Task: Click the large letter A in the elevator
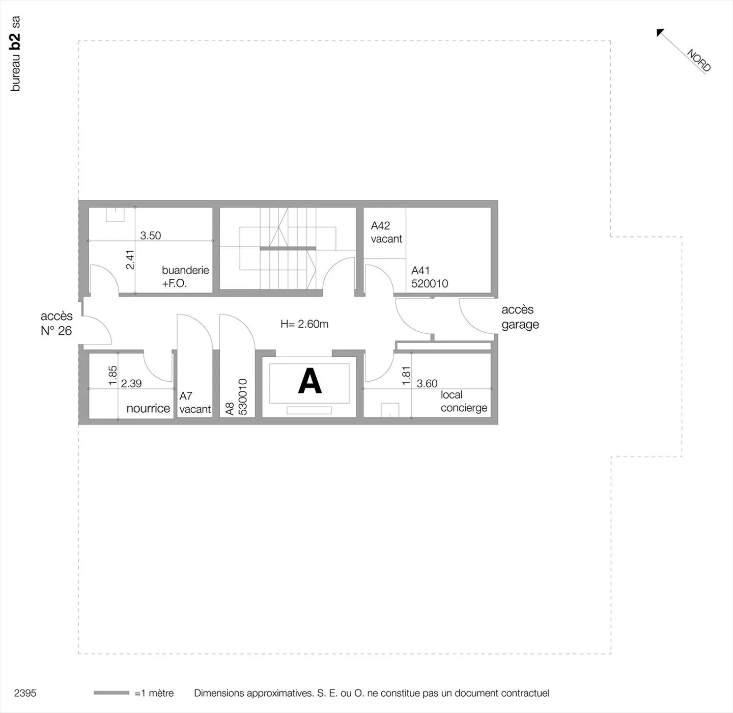pyautogui.click(x=309, y=381)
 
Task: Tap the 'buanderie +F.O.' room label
pyautogui.click(x=185, y=277)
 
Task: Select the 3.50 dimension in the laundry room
pyautogui.click(x=150, y=235)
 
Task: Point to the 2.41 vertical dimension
pyautogui.click(x=130, y=259)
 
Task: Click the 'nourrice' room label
pyautogui.click(x=148, y=408)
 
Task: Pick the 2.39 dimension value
pyautogui.click(x=131, y=383)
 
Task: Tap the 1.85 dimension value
pyautogui.click(x=113, y=375)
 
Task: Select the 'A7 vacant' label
pyautogui.click(x=194, y=403)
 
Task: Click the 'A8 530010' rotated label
pyautogui.click(x=236, y=397)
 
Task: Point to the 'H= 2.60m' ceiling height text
pyautogui.click(x=304, y=324)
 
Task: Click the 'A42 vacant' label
pyautogui.click(x=386, y=232)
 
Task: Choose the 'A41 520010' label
pyautogui.click(x=429, y=277)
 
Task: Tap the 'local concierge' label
pyautogui.click(x=463, y=401)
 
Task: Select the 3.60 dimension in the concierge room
pyautogui.click(x=427, y=383)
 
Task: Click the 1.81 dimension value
pyautogui.click(x=406, y=376)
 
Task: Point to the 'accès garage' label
pyautogui.click(x=520, y=317)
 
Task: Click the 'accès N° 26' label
pyautogui.click(x=57, y=324)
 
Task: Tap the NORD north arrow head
pyautogui.click(x=660, y=33)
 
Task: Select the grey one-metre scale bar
pyautogui.click(x=111, y=693)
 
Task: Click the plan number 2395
pyautogui.click(x=25, y=693)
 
